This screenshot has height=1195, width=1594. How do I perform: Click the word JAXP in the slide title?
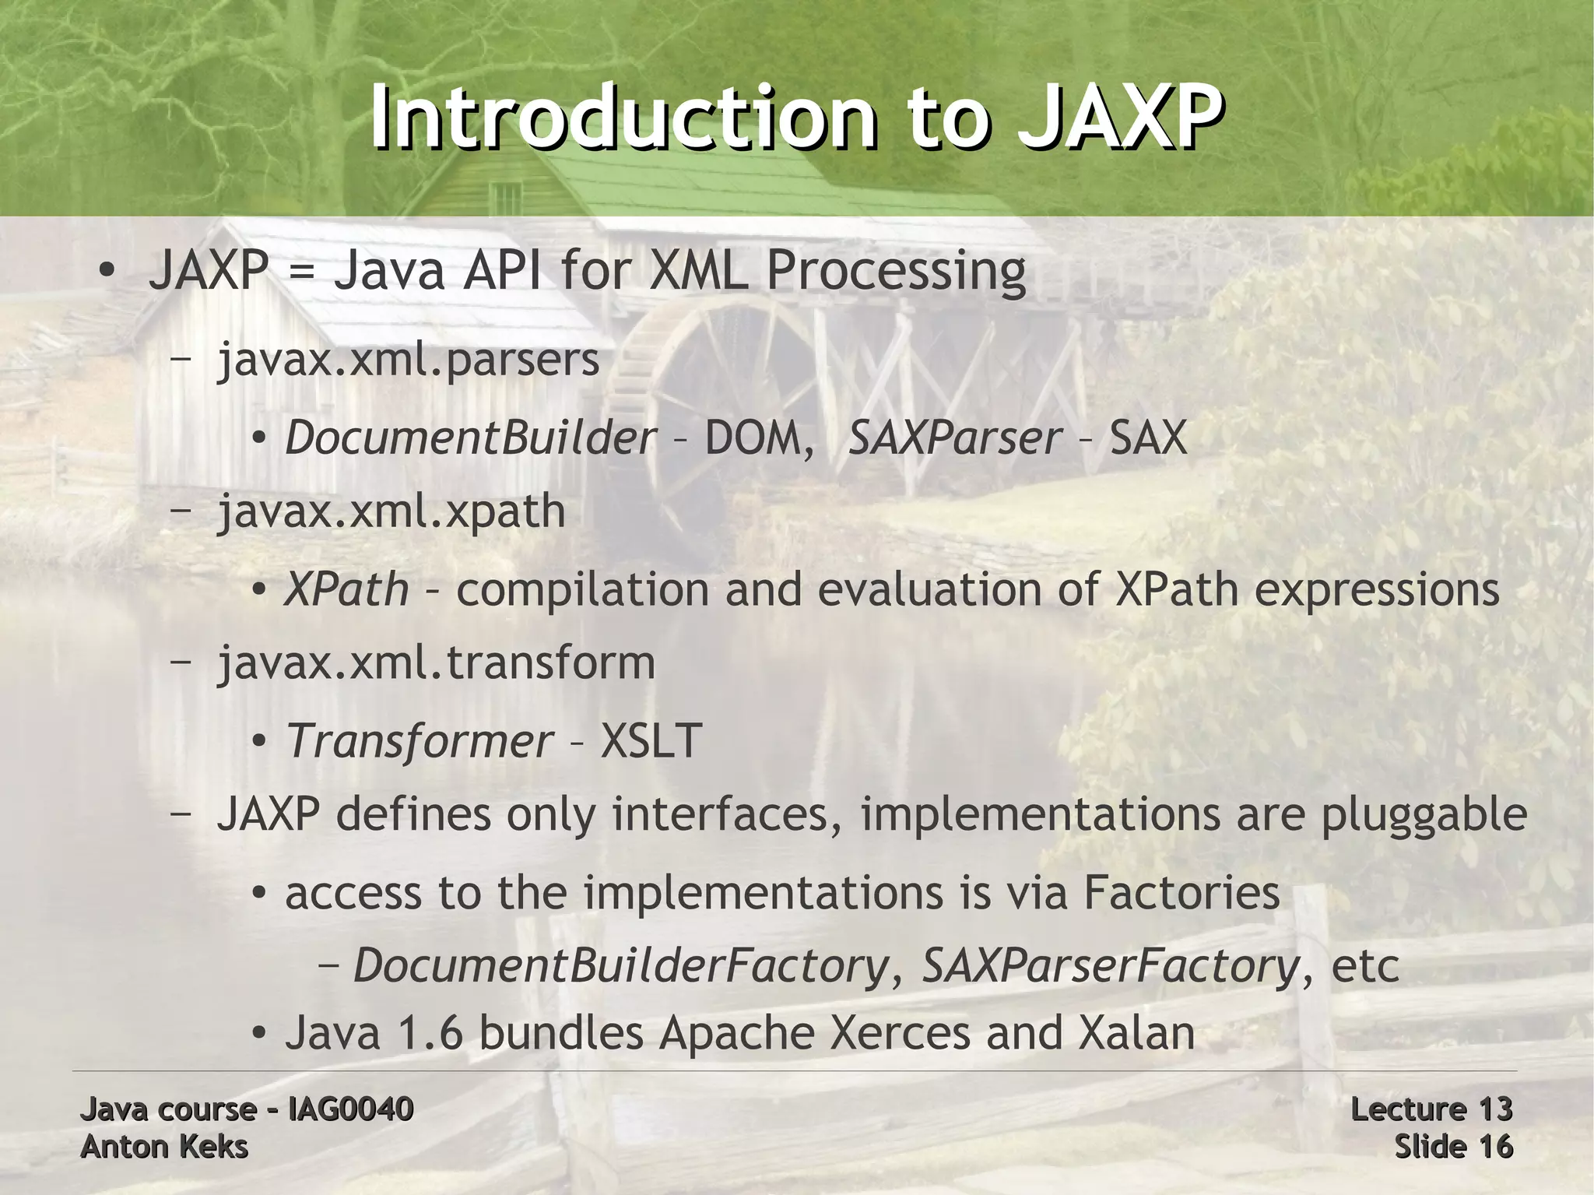(1118, 117)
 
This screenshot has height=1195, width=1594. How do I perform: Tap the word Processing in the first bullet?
(896, 272)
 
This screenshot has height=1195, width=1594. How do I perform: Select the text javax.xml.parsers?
(409, 360)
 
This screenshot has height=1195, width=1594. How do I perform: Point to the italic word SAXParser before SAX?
(954, 438)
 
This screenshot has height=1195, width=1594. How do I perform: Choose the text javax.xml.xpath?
(391, 511)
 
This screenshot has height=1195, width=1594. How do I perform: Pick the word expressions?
(1377, 589)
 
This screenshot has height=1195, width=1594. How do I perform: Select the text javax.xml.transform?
(436, 663)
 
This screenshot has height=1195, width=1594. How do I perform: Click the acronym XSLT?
(651, 740)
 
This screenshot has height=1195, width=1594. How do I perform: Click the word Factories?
(1181, 893)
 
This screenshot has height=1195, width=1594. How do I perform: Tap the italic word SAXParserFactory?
(1111, 966)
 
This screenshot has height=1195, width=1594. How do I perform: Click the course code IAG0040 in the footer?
(350, 1109)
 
